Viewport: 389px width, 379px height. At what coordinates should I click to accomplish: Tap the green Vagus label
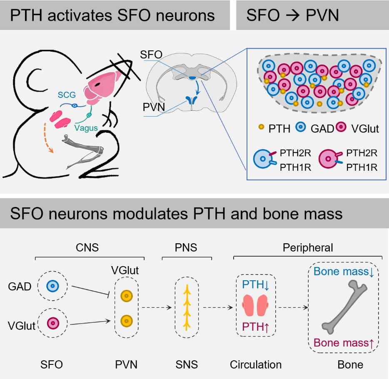click(86, 127)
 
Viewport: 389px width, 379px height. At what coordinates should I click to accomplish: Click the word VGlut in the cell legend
click(365, 129)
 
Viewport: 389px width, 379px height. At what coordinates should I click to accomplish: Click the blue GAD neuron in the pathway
click(52, 287)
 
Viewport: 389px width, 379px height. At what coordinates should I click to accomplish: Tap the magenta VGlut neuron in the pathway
click(52, 323)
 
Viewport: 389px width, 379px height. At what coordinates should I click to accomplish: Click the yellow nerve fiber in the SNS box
click(187, 307)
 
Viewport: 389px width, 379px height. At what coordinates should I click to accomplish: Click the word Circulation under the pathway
click(256, 365)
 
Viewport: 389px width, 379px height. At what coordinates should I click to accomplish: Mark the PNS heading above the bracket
click(185, 248)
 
